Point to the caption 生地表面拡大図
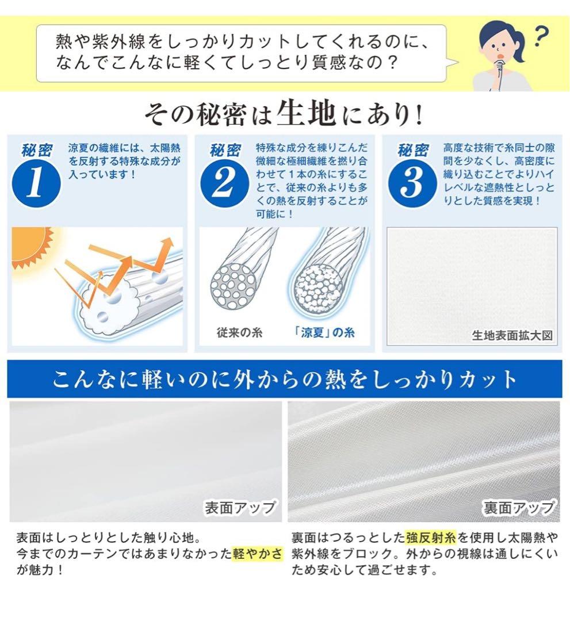[512, 335]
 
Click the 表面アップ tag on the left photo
[240, 508]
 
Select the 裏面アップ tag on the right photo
[518, 508]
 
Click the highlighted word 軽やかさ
[258, 554]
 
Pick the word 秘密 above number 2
[225, 151]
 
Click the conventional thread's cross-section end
[232, 285]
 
